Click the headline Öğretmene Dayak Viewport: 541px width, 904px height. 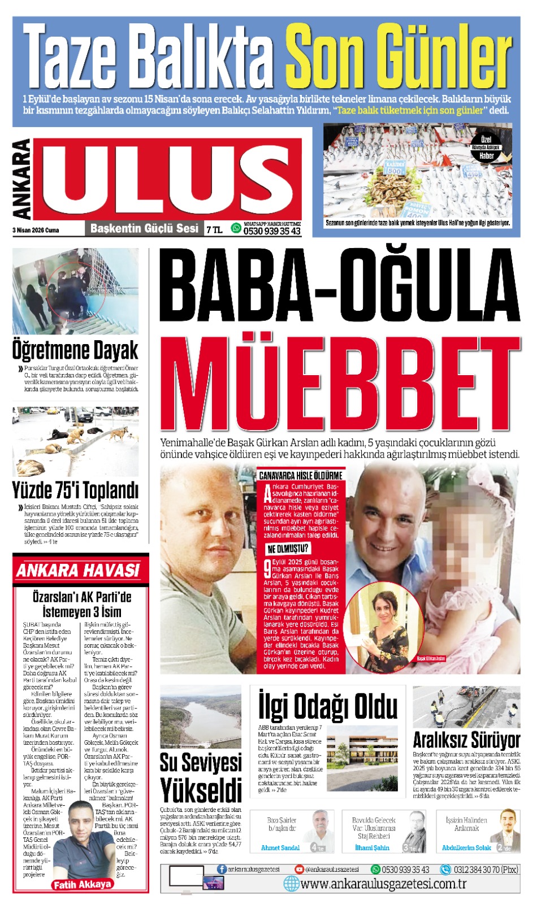coord(75,350)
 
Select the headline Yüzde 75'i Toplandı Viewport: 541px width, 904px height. coord(75,490)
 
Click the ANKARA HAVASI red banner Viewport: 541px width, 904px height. coord(79,570)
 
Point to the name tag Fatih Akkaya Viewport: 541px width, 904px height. coord(82,884)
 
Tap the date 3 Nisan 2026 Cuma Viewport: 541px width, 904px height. coord(36,230)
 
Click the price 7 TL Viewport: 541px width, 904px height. coord(214,229)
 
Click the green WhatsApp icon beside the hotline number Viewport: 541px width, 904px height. coord(236,228)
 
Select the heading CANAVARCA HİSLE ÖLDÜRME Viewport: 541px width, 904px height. coord(300,475)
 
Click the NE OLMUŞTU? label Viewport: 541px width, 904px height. coord(288,549)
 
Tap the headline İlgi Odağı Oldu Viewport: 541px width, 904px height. coord(328,706)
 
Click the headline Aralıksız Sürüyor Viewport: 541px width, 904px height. coord(466,740)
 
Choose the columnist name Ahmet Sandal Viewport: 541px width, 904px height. coord(280,847)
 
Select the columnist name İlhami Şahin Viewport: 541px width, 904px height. coord(372,847)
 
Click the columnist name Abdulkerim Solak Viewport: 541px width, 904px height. coord(466,847)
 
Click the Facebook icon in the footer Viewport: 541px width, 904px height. coord(222,869)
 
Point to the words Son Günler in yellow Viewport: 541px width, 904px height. coord(399,59)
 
